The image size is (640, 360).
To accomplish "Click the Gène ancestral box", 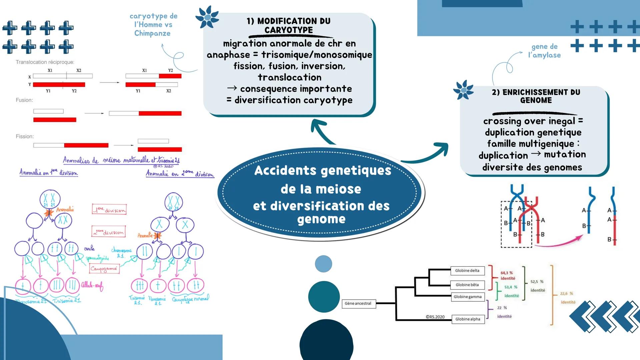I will (359, 303).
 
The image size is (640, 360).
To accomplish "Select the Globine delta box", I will (467, 271).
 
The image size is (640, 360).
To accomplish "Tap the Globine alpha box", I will (468, 319).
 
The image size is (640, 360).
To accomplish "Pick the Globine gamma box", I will (468, 297).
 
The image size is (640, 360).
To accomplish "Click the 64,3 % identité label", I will (507, 275).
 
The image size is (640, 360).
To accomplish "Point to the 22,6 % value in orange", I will (566, 294).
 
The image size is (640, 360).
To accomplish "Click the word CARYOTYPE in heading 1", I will (288, 30).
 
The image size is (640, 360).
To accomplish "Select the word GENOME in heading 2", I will (536, 100).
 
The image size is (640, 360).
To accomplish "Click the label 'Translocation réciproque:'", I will (45, 62).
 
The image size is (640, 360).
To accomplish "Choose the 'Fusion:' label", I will (24, 100).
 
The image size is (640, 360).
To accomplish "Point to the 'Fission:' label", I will (25, 136).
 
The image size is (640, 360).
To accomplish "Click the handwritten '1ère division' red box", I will (109, 210).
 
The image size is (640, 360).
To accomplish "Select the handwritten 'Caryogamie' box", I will (104, 268).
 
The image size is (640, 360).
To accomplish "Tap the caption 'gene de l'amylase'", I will (544, 51).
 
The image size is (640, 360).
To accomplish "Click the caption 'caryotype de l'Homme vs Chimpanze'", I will (153, 25).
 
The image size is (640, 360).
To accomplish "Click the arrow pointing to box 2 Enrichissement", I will (430, 154).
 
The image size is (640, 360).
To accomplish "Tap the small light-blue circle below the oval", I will (323, 264).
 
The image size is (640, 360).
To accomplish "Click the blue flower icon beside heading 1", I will (207, 17).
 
